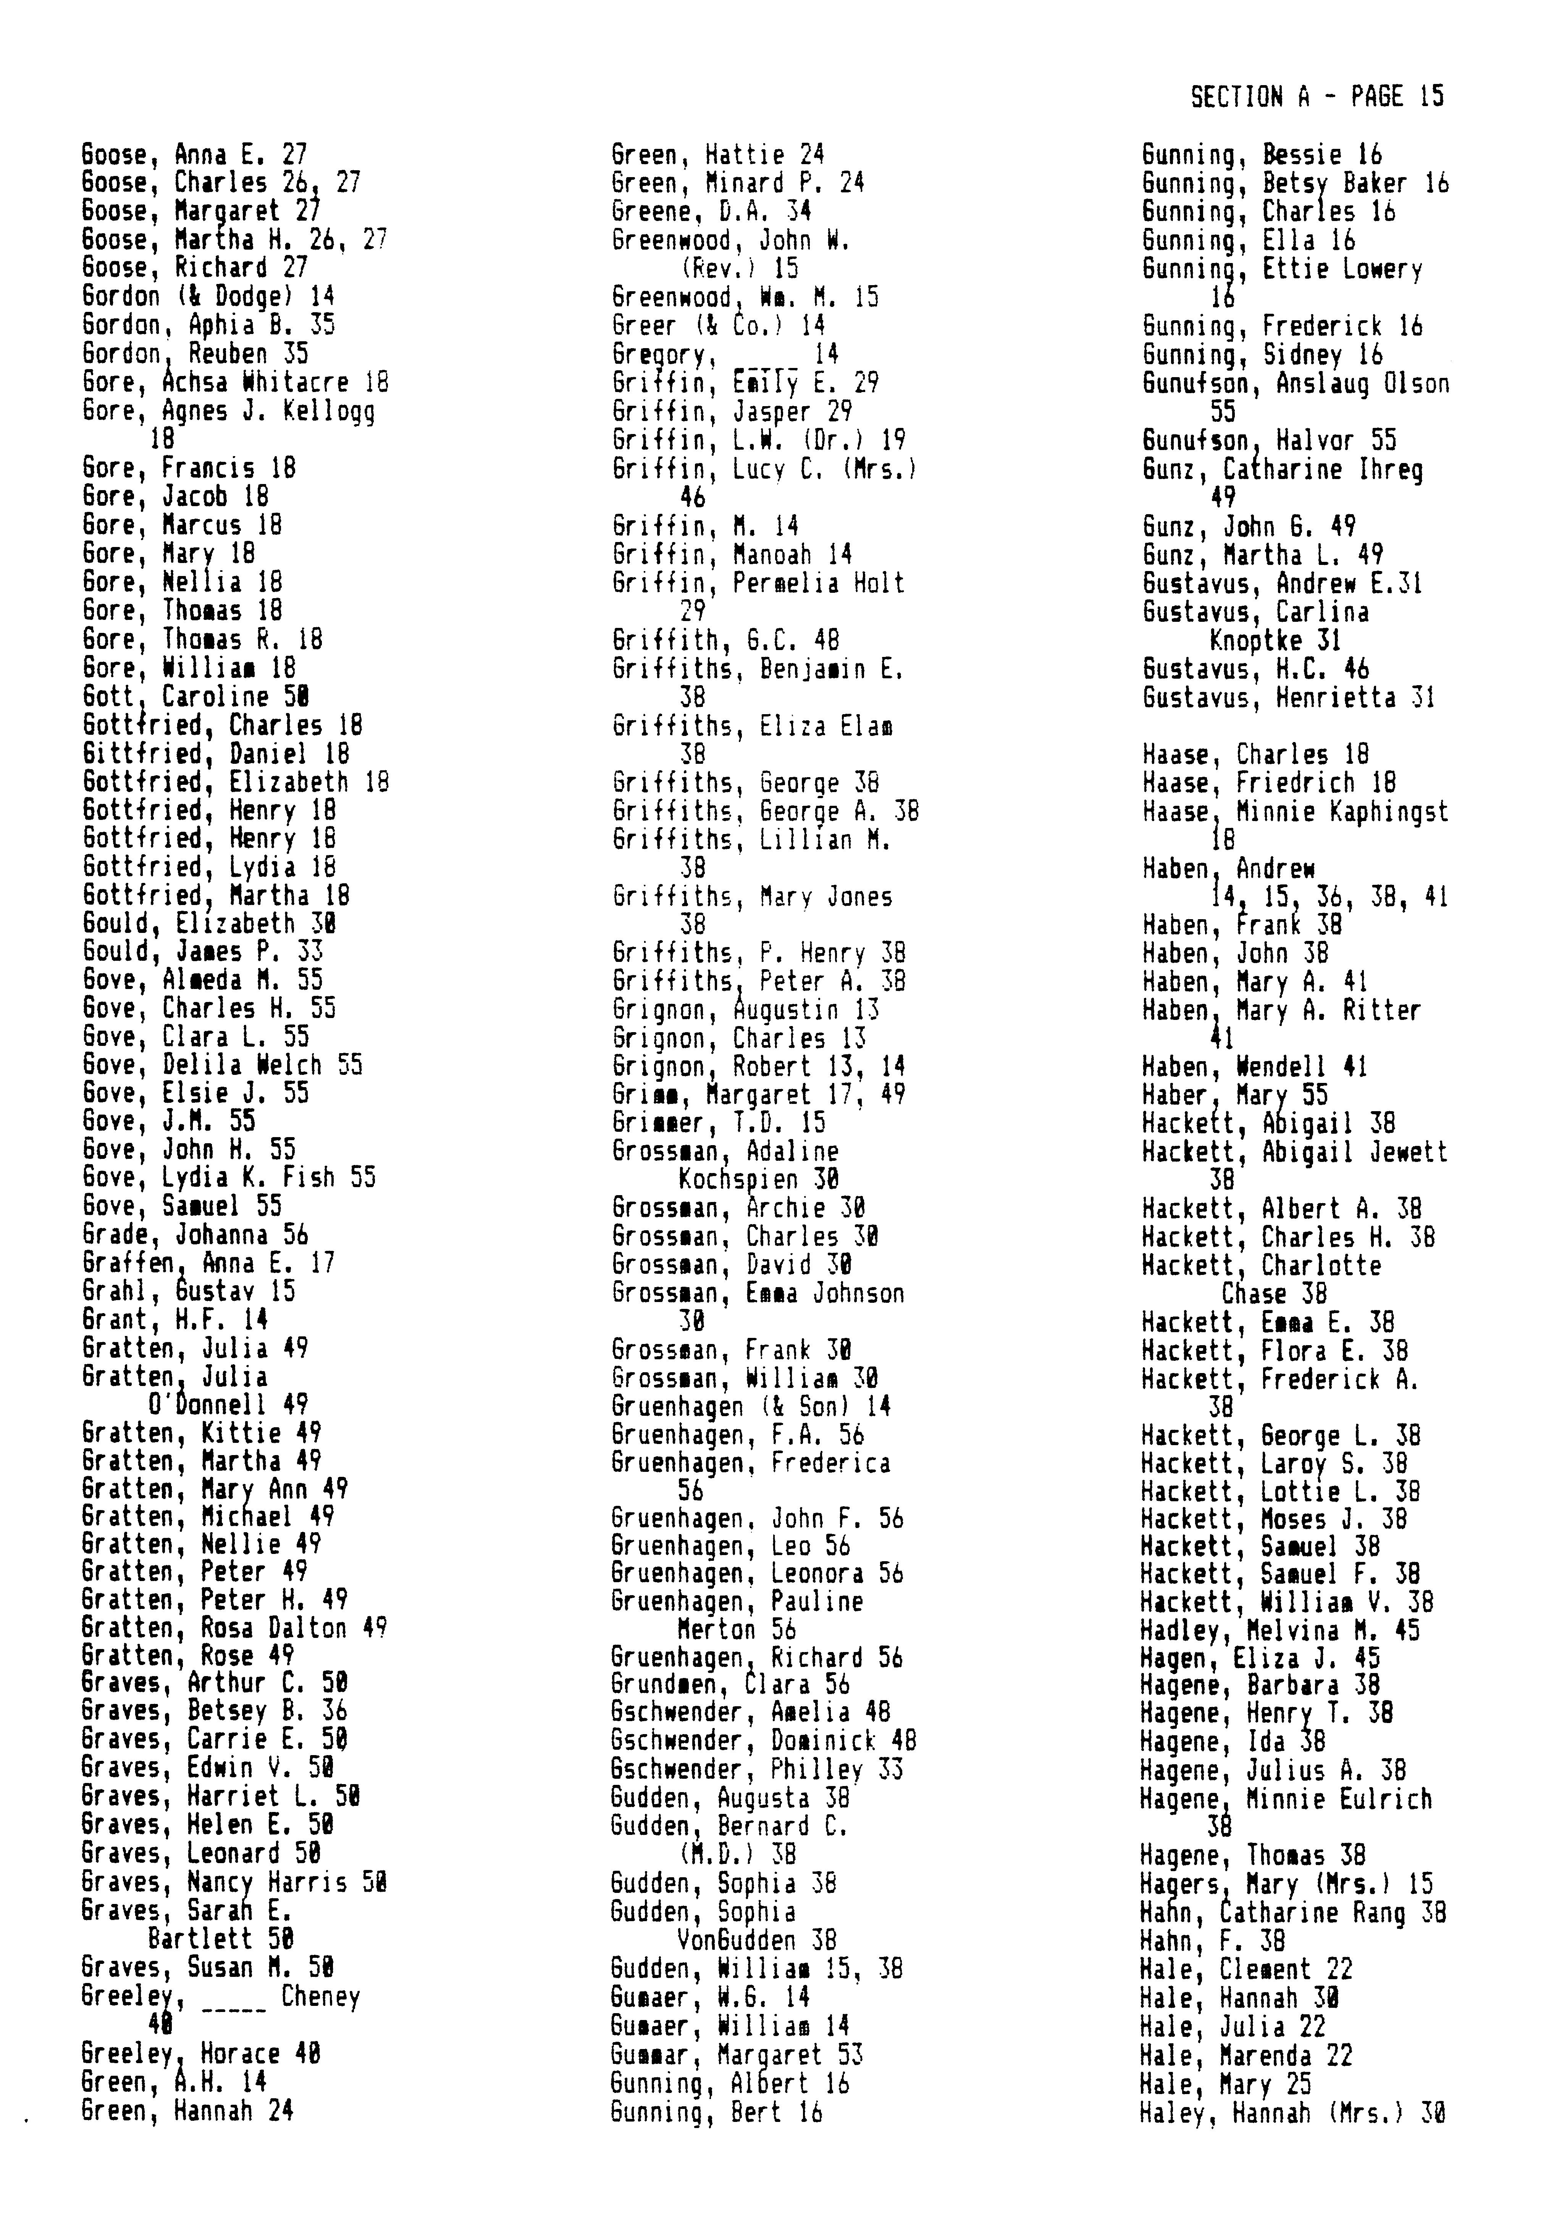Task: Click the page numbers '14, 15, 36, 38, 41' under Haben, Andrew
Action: click(x=1329, y=898)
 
